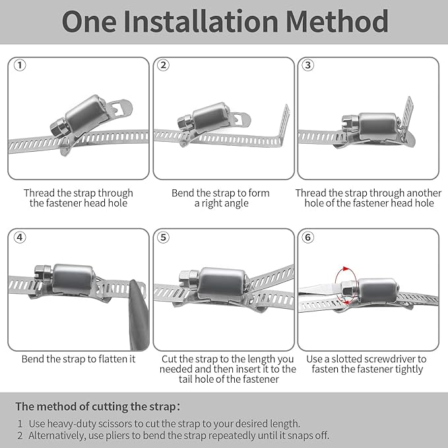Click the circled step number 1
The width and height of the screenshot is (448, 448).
tap(20, 65)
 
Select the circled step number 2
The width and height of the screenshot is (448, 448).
tap(164, 65)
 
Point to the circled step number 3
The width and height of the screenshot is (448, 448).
tap(307, 65)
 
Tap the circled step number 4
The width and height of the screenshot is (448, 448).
tap(20, 237)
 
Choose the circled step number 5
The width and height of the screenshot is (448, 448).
tap(164, 237)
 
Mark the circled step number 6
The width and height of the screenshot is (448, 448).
tap(307, 237)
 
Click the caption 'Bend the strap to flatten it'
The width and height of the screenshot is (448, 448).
tap(79, 360)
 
